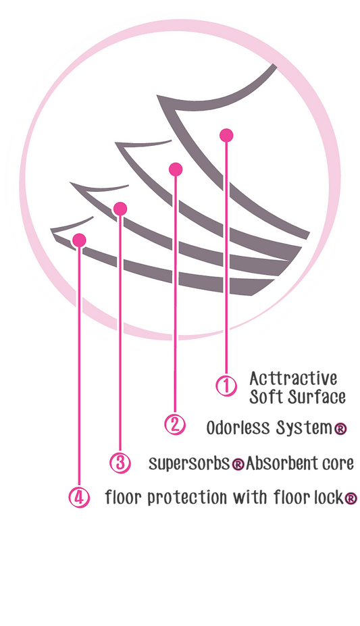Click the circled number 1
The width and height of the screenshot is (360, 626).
click(x=226, y=386)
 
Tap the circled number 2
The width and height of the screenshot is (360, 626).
click(x=175, y=424)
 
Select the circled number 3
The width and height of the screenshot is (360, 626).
click(x=120, y=463)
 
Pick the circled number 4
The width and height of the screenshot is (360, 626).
click(x=79, y=498)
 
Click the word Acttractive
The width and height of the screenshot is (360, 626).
click(x=293, y=378)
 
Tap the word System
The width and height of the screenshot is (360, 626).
click(x=304, y=428)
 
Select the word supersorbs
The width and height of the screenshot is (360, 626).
click(x=190, y=464)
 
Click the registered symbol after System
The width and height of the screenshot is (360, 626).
click(x=340, y=429)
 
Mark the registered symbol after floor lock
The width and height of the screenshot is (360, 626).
click(x=351, y=498)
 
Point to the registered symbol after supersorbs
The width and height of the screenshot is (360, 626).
click(x=238, y=465)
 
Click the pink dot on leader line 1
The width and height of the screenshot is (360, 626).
click(x=226, y=135)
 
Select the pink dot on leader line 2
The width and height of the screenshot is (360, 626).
click(x=176, y=169)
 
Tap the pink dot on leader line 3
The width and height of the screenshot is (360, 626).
click(x=120, y=209)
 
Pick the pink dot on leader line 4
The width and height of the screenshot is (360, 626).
click(x=79, y=240)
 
